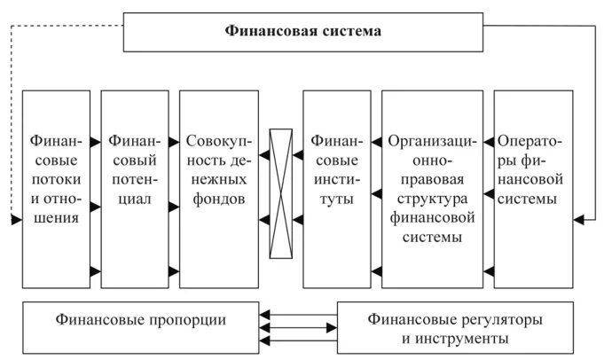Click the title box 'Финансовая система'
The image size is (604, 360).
pyautogui.click(x=302, y=32)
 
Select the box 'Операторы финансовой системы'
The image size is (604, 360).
pyautogui.click(x=532, y=188)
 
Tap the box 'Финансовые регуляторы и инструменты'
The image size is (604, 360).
pyautogui.click(x=454, y=325)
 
